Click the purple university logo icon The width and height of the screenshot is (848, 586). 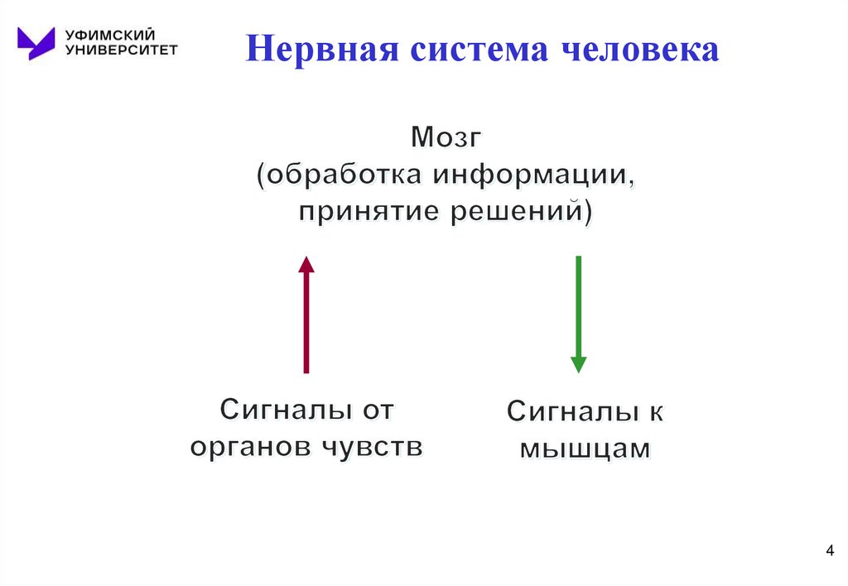[36, 42]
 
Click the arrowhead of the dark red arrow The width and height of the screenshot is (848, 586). [306, 264]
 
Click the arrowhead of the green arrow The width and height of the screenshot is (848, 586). [578, 364]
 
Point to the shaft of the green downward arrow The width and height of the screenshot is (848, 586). [578, 306]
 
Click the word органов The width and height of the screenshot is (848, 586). [248, 447]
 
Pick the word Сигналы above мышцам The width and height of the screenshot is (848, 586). [562, 412]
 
